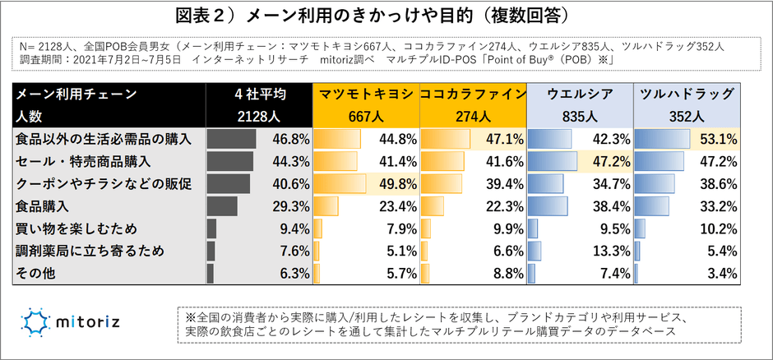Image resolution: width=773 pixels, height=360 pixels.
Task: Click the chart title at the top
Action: click(386, 16)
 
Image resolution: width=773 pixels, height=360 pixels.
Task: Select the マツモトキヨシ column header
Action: click(365, 95)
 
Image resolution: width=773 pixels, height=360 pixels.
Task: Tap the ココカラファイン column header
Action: click(472, 95)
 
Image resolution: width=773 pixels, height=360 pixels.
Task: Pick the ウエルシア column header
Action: click(580, 95)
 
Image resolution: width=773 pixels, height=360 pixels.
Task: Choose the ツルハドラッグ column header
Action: click(687, 95)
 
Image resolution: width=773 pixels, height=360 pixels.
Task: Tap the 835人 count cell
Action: click(580, 116)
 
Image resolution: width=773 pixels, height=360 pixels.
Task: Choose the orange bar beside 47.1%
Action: click(445, 138)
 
